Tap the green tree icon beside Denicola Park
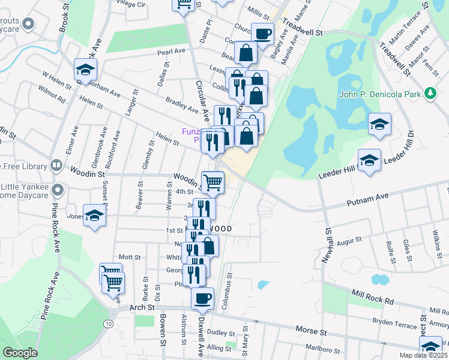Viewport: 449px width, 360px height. (x=430, y=93)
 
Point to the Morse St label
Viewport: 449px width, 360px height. (x=310, y=331)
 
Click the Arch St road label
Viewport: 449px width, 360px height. (x=142, y=307)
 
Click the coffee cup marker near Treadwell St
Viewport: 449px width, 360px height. (x=262, y=33)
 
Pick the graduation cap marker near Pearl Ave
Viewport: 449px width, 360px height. (x=85, y=70)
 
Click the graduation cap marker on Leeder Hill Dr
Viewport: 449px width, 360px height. (x=369, y=160)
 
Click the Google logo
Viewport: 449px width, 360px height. (x=20, y=353)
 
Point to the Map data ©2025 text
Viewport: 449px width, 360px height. (x=423, y=355)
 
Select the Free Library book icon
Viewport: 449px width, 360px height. (x=56, y=164)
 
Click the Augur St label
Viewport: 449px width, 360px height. (x=349, y=241)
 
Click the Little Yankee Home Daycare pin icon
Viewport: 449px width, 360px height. (x=58, y=190)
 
